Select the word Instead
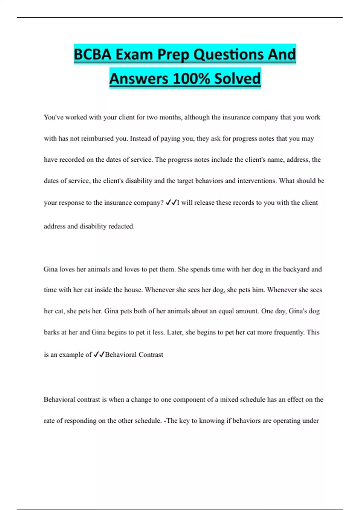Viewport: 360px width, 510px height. pos(140,139)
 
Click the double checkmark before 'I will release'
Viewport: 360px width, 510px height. pos(171,202)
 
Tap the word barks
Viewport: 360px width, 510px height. pos(52,332)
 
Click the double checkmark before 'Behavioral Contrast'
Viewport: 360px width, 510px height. pos(99,355)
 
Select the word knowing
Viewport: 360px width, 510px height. pos(212,421)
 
